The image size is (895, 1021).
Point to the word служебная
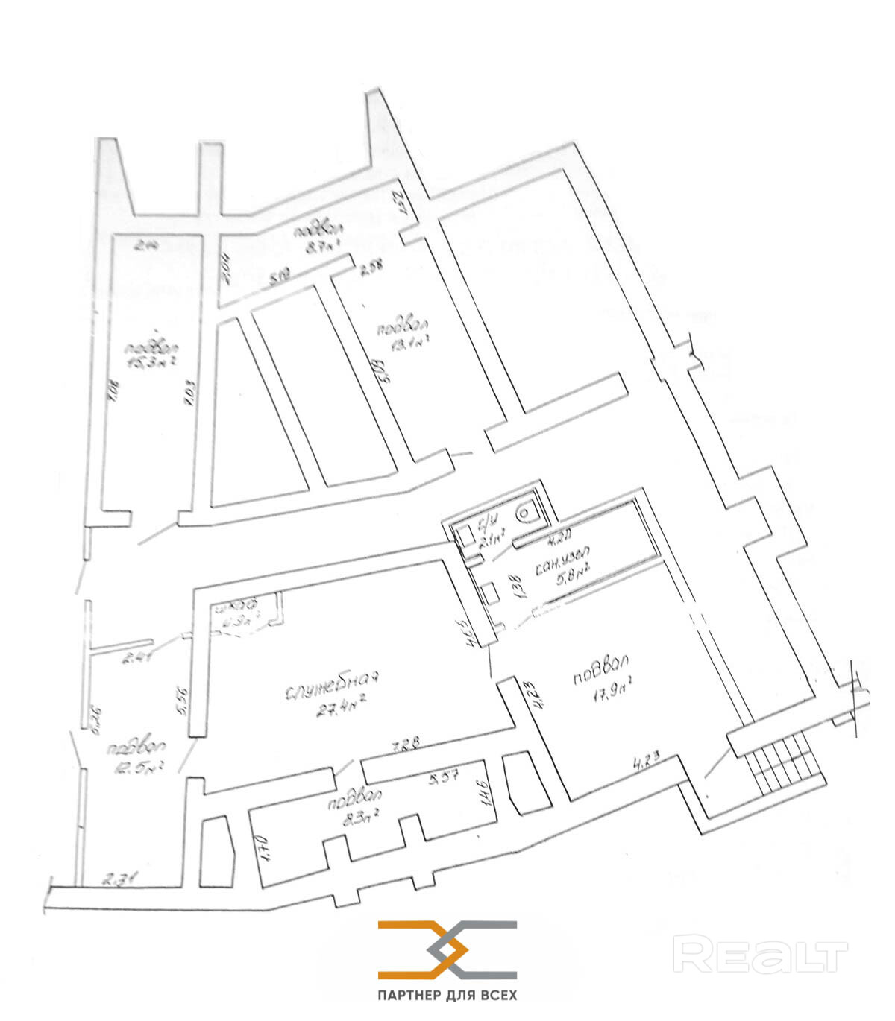333,686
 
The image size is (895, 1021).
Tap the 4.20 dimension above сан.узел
559,534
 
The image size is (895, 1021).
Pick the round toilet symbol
530,512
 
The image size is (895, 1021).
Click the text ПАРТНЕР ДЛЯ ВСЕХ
447,995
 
